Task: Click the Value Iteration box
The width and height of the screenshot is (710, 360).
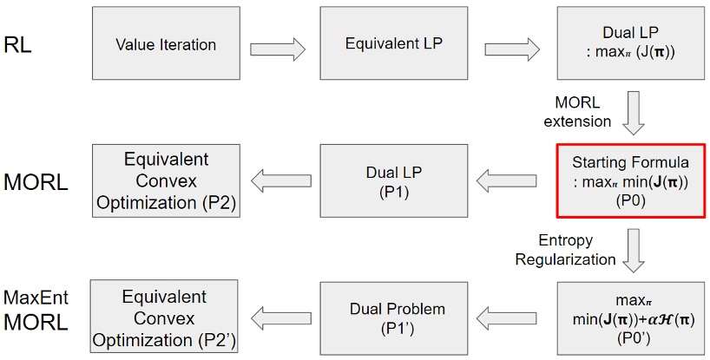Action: [166, 43]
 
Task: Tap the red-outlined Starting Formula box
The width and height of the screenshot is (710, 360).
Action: [631, 180]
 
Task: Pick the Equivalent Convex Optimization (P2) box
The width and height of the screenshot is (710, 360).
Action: [166, 180]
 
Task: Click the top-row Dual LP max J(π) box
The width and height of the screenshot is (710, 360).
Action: [631, 43]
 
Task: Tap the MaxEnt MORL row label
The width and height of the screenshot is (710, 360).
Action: [36, 311]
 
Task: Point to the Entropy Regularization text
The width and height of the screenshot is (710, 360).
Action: [565, 251]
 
